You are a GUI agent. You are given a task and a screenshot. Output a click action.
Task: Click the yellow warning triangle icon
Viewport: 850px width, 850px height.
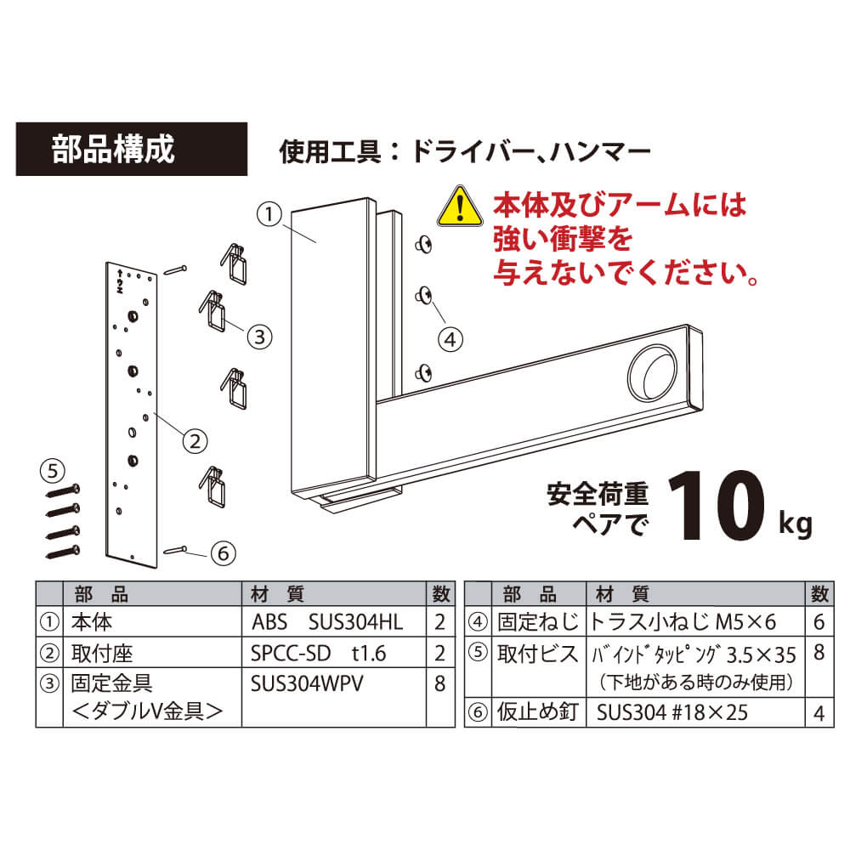click(x=460, y=207)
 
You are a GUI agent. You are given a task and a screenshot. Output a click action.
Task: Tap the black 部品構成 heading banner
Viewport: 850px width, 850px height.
click(x=132, y=149)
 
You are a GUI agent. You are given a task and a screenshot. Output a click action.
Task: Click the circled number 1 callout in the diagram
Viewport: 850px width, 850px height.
click(x=269, y=215)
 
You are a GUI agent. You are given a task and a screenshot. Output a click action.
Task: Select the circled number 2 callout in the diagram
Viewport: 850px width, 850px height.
click(x=195, y=441)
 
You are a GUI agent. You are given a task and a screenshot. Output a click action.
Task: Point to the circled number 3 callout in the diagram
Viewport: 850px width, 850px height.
click(x=259, y=337)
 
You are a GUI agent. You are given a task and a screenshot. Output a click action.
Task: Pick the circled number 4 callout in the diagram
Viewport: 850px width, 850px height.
click(x=450, y=340)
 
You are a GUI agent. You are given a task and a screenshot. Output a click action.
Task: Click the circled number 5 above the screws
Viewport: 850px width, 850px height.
click(x=53, y=471)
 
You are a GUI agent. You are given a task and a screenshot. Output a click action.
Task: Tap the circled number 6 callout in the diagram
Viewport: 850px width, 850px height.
click(x=224, y=553)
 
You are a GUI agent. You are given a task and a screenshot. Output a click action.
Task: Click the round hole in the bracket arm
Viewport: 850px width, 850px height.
click(x=653, y=373)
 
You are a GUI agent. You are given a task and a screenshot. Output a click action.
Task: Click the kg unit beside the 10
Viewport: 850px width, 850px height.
click(x=796, y=524)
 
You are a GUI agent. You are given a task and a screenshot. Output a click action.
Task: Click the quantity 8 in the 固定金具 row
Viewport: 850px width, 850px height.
click(x=440, y=684)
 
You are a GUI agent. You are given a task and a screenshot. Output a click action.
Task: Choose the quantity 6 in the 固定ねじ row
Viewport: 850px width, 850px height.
click(x=819, y=622)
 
